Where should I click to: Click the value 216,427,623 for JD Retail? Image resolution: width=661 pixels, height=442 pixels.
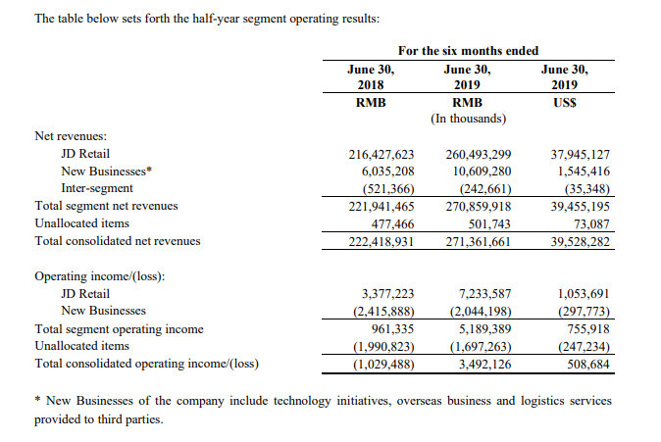tap(381, 155)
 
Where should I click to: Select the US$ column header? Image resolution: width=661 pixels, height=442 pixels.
tap(565, 103)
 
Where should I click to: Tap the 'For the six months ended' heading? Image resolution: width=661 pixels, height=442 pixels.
tap(469, 51)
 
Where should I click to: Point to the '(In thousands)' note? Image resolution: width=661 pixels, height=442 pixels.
tap(469, 119)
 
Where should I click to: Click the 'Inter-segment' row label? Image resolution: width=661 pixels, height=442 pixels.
tap(97, 188)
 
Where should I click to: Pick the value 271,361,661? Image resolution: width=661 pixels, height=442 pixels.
tap(479, 242)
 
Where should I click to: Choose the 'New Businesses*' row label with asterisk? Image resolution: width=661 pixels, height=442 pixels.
tap(106, 172)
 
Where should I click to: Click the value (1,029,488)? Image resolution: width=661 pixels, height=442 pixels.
tap(383, 364)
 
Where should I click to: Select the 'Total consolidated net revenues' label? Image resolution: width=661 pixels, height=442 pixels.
tap(118, 241)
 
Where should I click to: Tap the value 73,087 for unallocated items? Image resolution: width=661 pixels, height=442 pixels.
tap(592, 224)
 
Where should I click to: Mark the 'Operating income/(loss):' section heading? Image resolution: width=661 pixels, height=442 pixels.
tap(100, 276)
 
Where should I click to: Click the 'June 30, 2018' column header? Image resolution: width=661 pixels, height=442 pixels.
tap(371, 77)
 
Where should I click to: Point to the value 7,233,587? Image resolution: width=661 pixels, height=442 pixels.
tap(484, 294)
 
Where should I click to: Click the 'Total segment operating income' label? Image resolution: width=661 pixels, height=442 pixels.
tap(119, 329)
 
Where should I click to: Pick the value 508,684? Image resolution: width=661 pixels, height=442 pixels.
tap(588, 364)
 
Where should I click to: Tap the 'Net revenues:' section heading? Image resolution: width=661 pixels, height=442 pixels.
tap(71, 136)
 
